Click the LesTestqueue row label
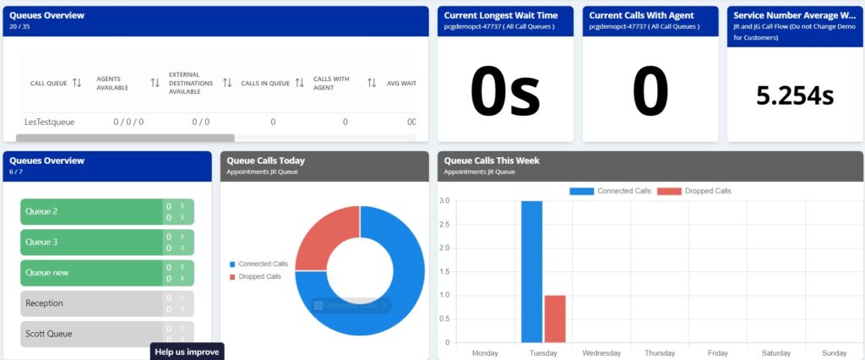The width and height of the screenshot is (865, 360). (49, 122)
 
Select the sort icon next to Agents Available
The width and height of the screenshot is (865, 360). (155, 83)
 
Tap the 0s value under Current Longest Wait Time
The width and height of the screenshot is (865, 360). (505, 92)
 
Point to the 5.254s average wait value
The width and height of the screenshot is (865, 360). (795, 95)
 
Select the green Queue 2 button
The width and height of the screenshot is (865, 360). (91, 211)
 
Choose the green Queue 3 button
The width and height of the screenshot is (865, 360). (91, 242)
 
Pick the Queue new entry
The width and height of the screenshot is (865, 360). (91, 273)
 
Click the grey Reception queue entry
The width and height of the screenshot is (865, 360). (91, 303)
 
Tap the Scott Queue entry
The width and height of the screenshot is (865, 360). (91, 334)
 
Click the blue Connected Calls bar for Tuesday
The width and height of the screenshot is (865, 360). (531, 270)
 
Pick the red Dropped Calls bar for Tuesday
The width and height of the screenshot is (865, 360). (554, 319)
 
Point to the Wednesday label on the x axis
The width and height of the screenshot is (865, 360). (602, 352)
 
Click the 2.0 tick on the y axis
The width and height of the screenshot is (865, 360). (444, 248)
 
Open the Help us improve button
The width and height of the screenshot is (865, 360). (187, 352)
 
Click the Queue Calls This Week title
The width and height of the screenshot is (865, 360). (492, 161)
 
